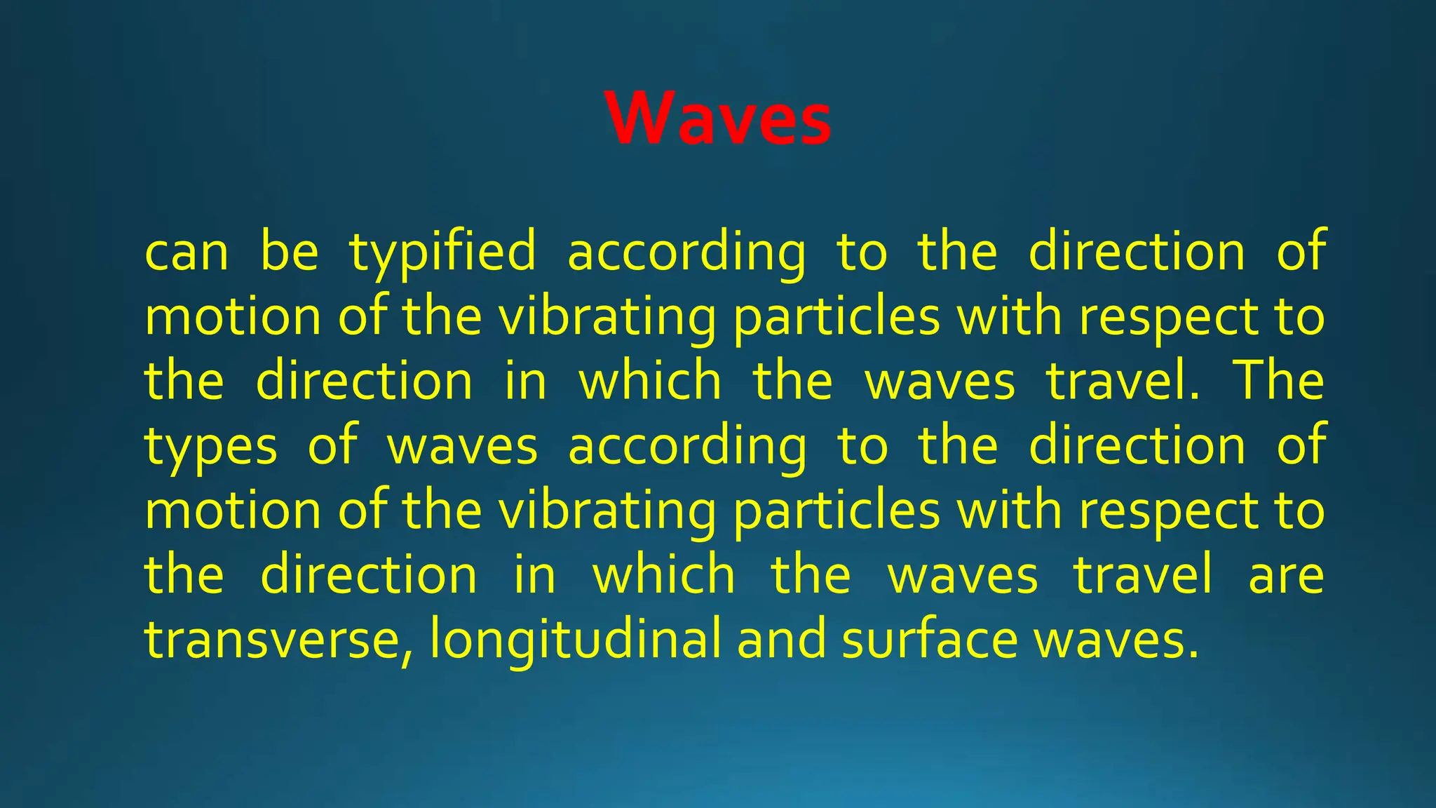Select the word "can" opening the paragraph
pos(187,252)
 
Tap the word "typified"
pos(443,252)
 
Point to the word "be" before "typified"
pos(289,252)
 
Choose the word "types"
pos(210,447)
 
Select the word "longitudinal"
pos(575,640)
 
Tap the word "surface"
pos(930,640)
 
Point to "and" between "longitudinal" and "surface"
pos(781,640)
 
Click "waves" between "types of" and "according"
pos(463,447)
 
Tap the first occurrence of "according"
pos(687,252)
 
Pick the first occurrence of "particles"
pos(836,317)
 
